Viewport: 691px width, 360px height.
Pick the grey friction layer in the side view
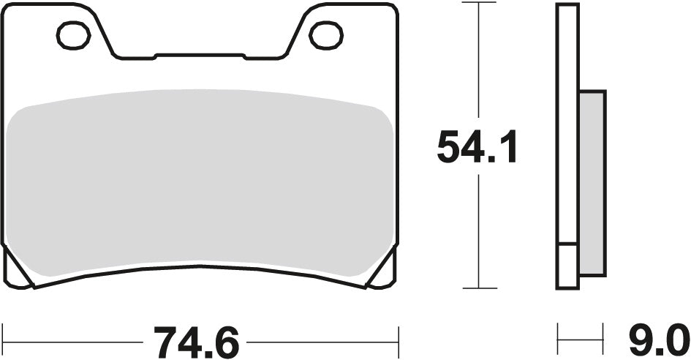[x=592, y=183]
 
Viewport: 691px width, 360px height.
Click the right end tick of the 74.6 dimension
[x=397, y=341]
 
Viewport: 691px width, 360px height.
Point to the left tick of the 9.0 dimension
[x=559, y=341]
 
